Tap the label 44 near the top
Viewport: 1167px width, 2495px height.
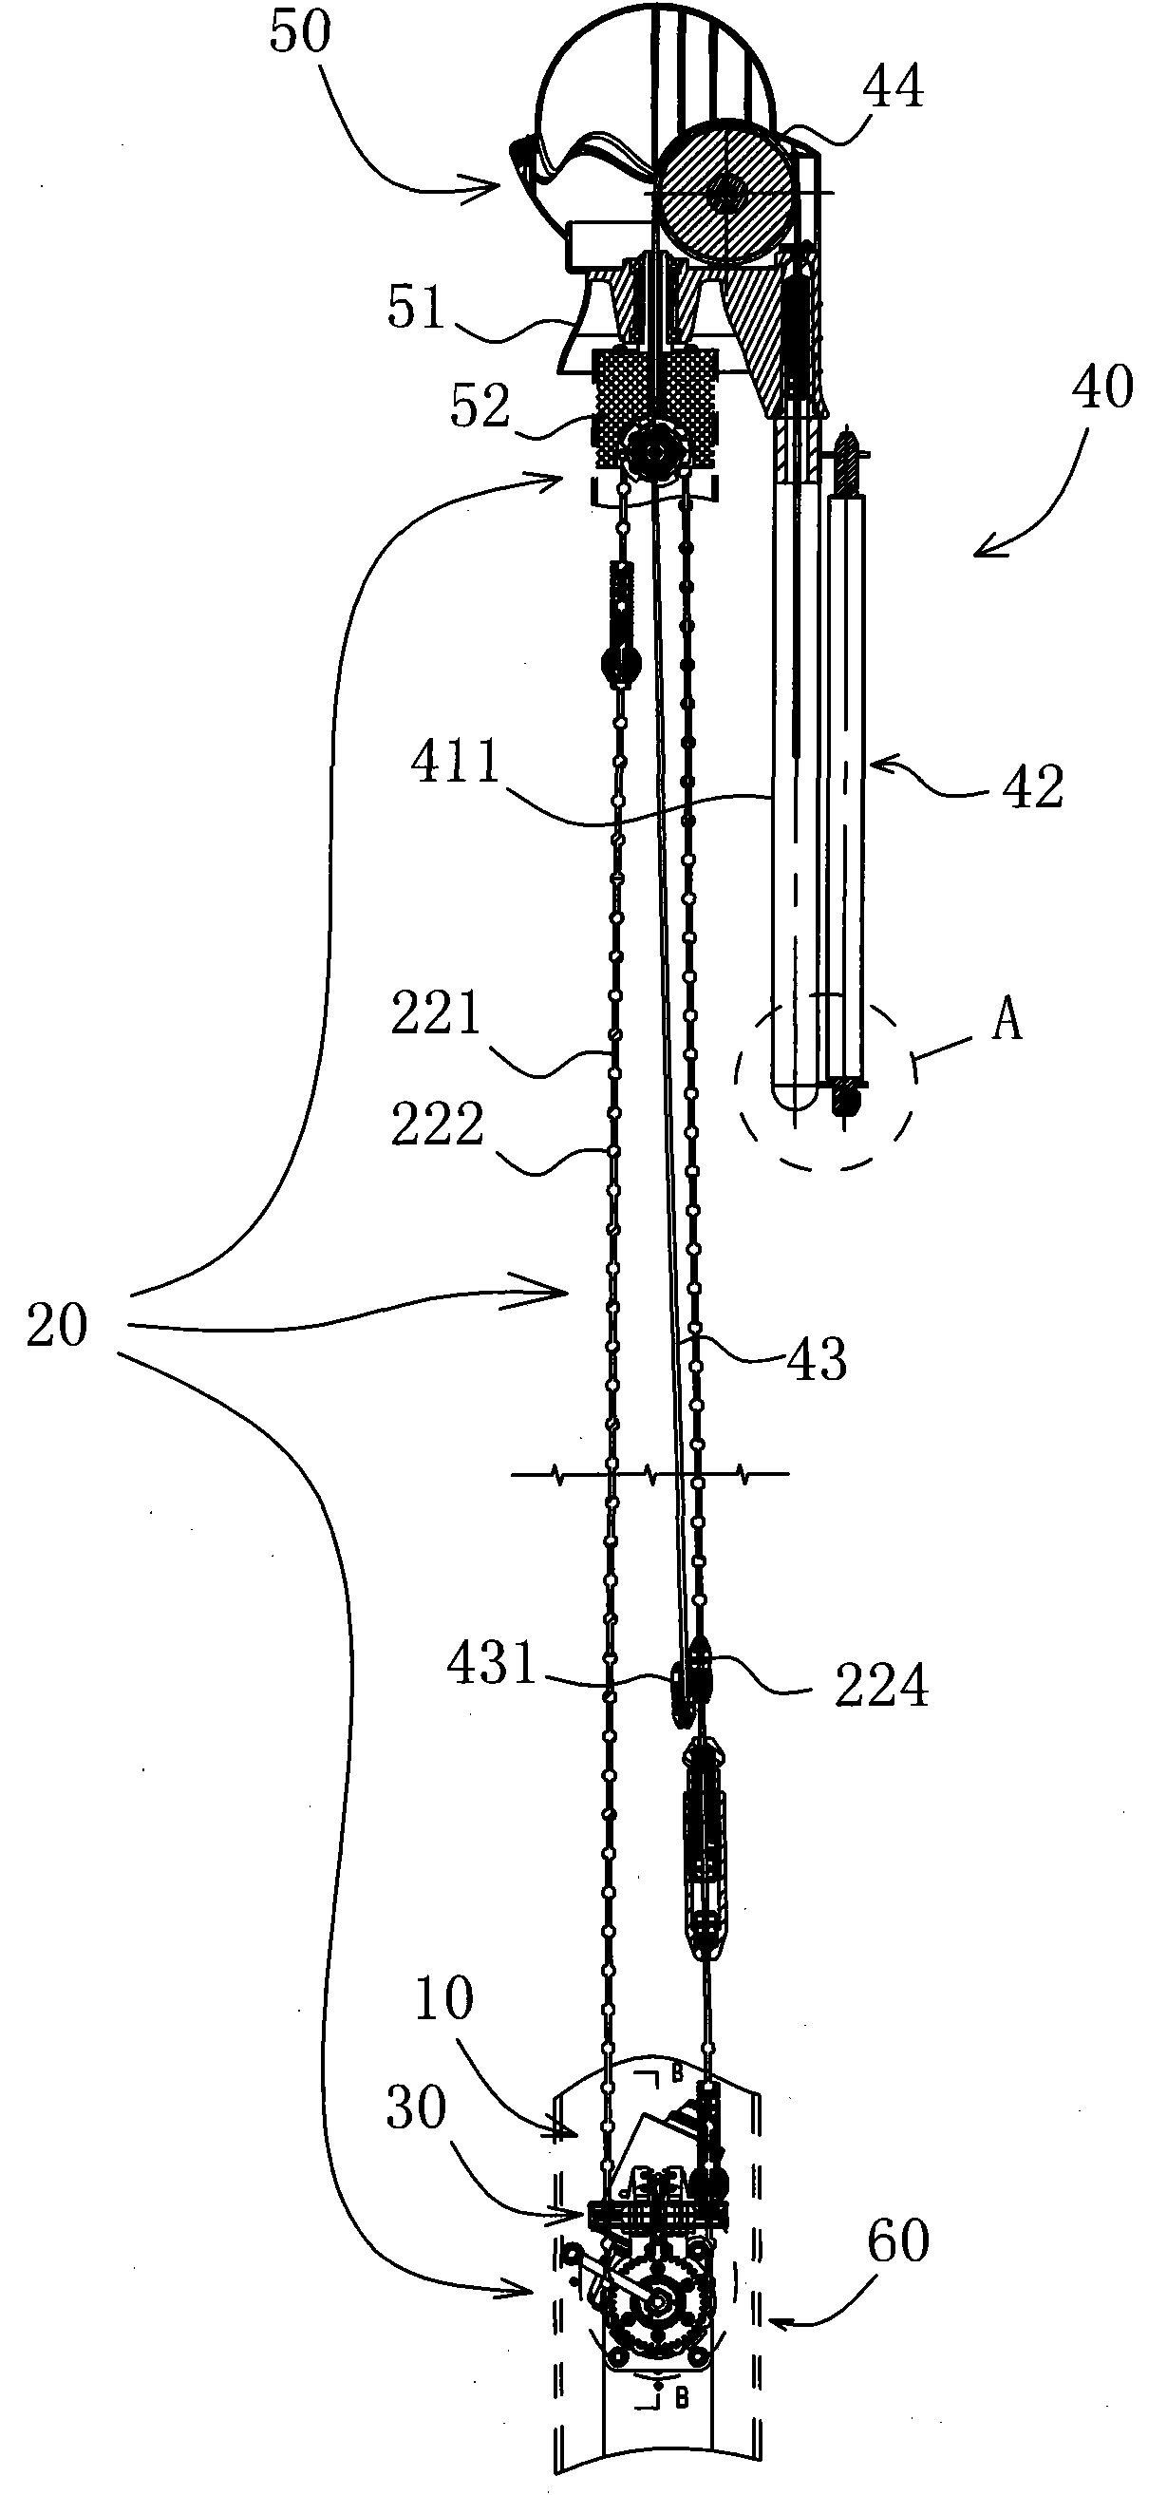[x=893, y=87]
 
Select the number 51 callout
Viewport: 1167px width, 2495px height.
[x=417, y=309]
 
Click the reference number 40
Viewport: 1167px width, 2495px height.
[x=1102, y=387]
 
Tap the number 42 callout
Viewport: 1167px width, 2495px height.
[x=1033, y=786]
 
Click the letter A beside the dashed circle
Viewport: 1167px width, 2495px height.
[x=1007, y=1020]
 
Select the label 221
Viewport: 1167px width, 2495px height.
[x=436, y=1014]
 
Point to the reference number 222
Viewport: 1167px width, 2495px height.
[x=437, y=1125]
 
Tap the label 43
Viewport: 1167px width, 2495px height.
[x=817, y=1358]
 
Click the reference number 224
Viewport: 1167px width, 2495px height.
[x=881, y=1686]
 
